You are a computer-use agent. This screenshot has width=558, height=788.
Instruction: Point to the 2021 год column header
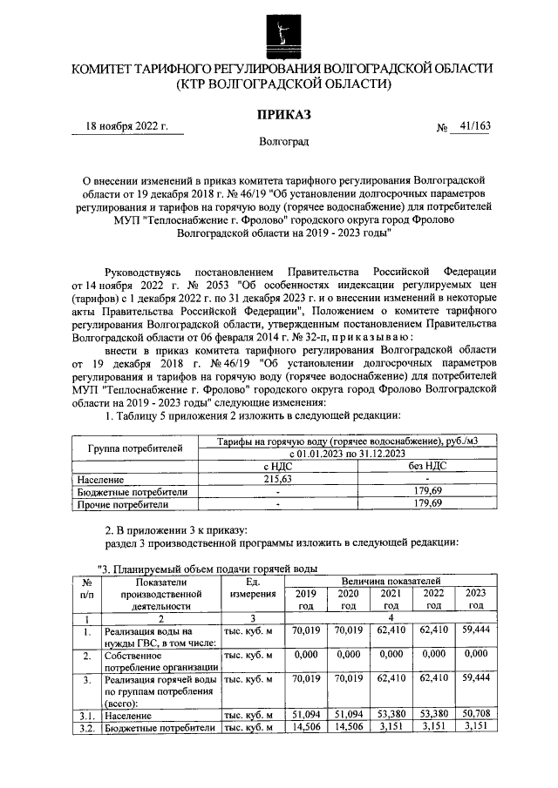click(x=391, y=598)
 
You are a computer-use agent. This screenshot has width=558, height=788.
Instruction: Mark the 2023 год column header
click(x=475, y=598)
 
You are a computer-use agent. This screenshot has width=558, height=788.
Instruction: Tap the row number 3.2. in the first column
click(x=86, y=728)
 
